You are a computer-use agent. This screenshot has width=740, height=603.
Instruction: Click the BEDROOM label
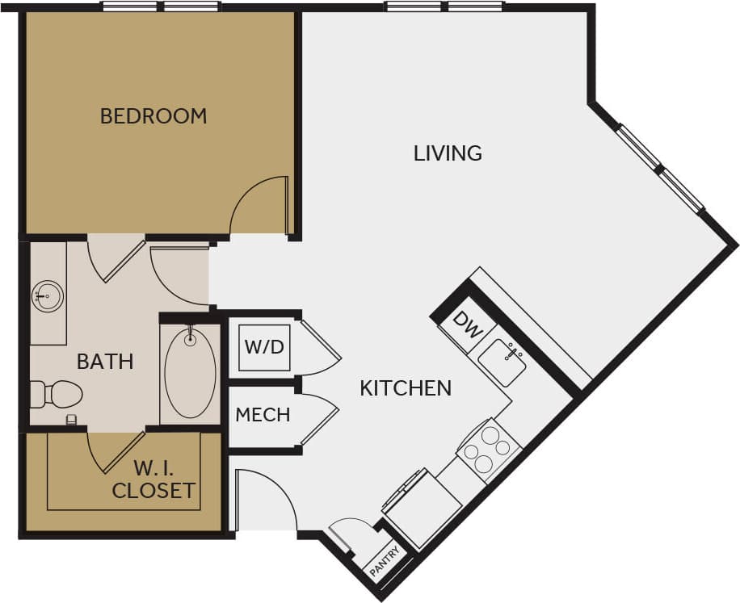point(153,115)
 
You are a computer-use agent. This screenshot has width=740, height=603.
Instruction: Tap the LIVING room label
point(448,153)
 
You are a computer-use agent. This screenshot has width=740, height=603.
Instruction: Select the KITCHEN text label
point(406,388)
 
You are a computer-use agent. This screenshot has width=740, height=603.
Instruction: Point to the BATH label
point(105,361)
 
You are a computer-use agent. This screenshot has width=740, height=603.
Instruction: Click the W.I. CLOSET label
point(153,479)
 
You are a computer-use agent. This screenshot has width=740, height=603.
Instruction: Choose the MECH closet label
point(263,415)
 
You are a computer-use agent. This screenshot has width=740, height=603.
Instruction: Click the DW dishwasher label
point(464,323)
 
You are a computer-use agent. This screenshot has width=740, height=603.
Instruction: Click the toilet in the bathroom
point(58,395)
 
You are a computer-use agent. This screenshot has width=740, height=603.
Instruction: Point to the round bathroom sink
point(47,296)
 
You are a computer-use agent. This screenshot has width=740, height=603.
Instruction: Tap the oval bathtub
point(190,371)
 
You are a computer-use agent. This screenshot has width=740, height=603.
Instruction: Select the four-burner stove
point(488,450)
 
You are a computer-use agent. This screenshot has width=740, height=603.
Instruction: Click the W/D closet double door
point(319,347)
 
